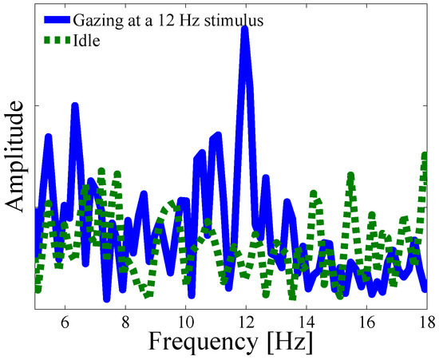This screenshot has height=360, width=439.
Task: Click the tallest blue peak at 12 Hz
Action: (245, 29)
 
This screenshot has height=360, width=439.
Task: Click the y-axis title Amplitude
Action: (14, 156)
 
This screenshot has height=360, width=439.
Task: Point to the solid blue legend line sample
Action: (57, 20)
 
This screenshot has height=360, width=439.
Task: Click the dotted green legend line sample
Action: (57, 41)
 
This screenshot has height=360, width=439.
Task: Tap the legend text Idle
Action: (86, 41)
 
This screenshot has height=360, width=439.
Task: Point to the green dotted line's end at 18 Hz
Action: (425, 156)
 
